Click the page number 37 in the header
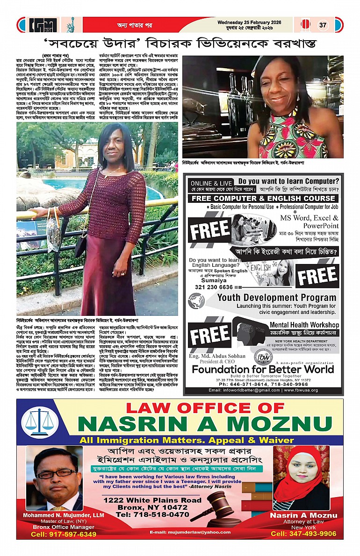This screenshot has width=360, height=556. point(323,25)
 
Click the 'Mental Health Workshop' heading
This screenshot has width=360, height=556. point(304,324)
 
